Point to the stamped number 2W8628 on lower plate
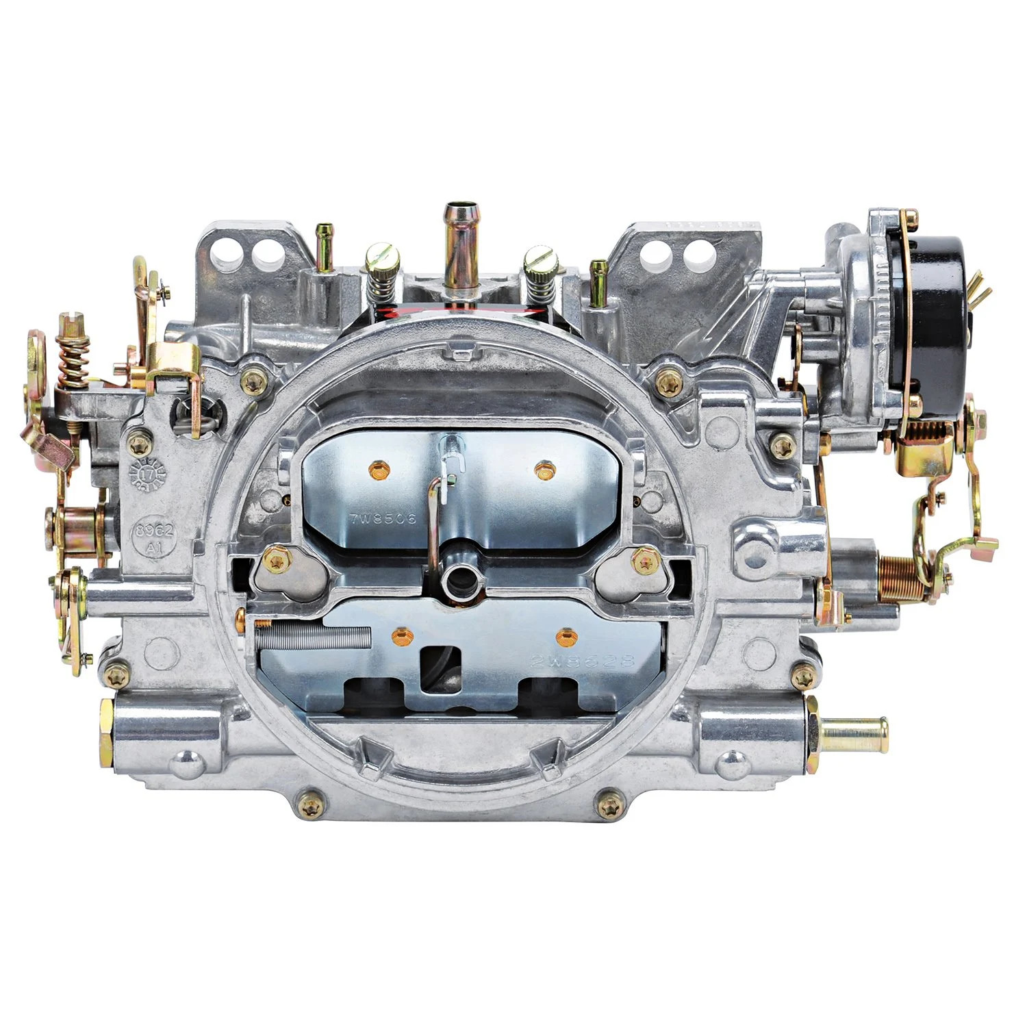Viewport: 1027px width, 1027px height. [583, 661]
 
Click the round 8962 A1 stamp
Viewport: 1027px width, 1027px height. [154, 539]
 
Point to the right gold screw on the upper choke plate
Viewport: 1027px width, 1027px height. [544, 470]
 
